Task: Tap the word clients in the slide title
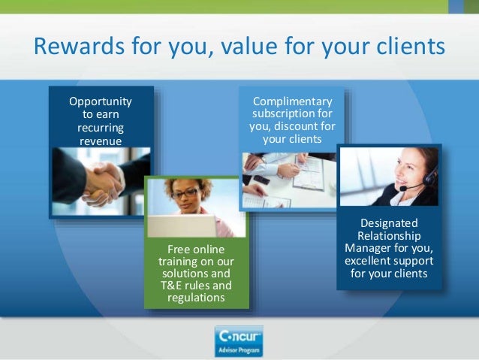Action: click(x=405, y=48)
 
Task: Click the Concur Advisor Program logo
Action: click(x=239, y=341)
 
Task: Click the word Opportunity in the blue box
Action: click(x=101, y=101)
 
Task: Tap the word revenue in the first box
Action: click(x=101, y=141)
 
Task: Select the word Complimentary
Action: click(x=292, y=101)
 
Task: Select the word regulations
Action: click(x=195, y=298)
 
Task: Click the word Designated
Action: click(x=390, y=223)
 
